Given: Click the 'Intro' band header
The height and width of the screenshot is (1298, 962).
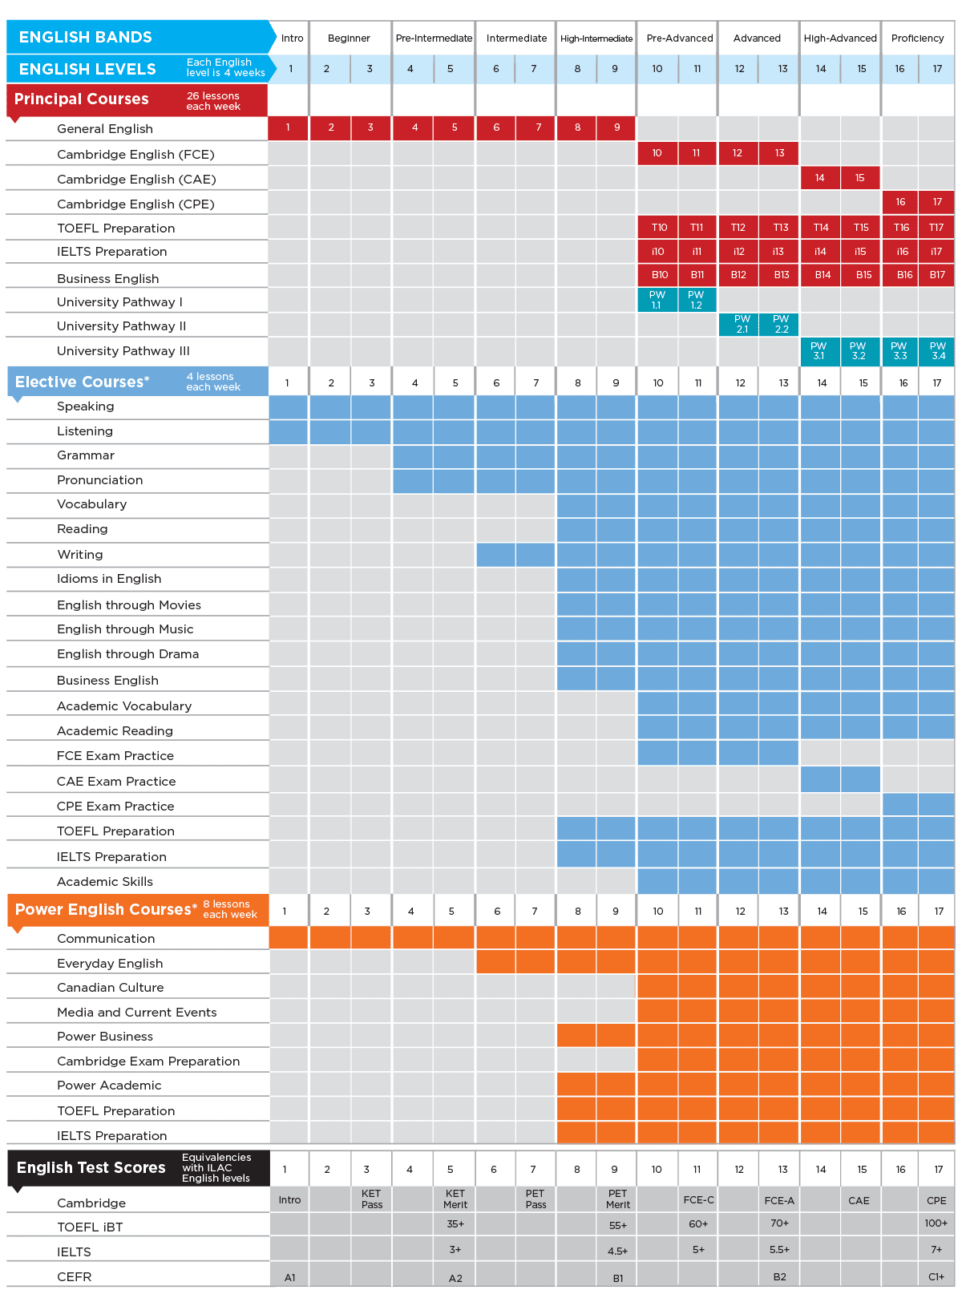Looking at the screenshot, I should click(292, 38).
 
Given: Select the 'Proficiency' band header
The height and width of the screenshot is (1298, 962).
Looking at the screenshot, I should click(917, 38).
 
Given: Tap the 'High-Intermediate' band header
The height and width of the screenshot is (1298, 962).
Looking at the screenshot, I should click(596, 38).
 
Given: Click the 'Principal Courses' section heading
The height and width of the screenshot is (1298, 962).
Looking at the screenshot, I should click(82, 99).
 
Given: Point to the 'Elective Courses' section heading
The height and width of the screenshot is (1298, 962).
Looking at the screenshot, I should click(83, 382).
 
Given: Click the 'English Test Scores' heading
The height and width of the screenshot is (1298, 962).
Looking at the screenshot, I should click(91, 1167).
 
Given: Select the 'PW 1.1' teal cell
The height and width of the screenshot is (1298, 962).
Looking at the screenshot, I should click(657, 300).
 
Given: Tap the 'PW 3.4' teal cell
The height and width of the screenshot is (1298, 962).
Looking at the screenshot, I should click(937, 350).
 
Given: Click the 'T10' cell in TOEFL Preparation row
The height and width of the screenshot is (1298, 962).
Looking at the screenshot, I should click(659, 228).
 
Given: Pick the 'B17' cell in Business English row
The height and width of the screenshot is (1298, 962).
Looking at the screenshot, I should click(937, 275).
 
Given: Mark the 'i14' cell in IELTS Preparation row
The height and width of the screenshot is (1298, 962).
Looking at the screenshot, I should click(820, 252).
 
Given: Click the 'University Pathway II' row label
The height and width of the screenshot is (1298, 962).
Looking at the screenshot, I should click(121, 326).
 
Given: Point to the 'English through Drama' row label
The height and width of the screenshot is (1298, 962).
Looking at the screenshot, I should click(127, 654).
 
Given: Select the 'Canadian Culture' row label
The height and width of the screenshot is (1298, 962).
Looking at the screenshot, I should click(110, 988).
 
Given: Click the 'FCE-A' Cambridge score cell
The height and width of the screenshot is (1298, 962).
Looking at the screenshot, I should click(779, 1200).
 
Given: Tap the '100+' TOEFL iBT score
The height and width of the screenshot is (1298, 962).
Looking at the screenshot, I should click(936, 1223).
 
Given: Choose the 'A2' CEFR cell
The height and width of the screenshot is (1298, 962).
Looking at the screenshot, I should click(455, 1278).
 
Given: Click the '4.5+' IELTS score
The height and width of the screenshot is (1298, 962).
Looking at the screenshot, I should click(617, 1251).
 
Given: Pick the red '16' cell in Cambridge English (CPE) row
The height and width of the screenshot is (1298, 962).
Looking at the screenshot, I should click(900, 202).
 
